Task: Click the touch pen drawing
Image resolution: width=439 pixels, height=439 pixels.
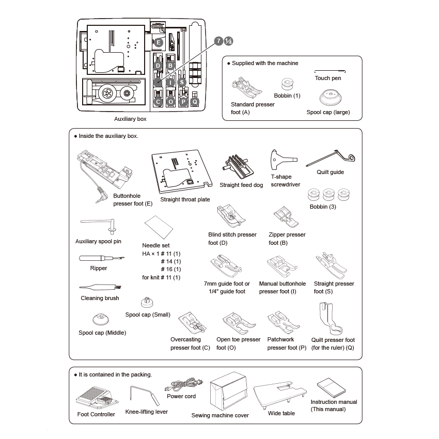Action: pos(330,70)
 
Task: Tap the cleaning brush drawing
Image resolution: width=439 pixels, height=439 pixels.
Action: pos(100,288)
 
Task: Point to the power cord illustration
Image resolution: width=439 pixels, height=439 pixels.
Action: pos(182,385)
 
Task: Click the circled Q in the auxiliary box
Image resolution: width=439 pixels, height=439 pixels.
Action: pos(194,102)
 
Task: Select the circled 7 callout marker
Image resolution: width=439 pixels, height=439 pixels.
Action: pos(219,41)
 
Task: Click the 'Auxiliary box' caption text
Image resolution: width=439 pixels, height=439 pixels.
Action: pos(130,119)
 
